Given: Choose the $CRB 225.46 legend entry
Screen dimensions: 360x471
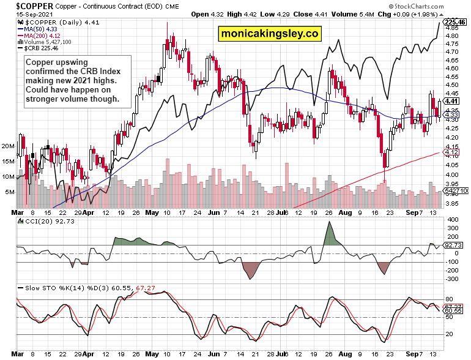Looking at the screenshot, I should click(x=40, y=48).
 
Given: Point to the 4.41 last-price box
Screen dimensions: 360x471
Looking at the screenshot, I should click(x=452, y=101).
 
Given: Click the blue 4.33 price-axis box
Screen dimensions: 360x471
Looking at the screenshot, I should click(x=452, y=114).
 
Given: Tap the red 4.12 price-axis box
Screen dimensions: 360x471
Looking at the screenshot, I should click(x=452, y=152).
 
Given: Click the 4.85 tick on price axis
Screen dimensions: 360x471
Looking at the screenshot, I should click(x=451, y=28).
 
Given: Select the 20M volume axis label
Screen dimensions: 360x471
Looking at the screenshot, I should click(x=8, y=146).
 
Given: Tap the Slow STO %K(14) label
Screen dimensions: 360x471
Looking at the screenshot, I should click(x=49, y=288).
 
